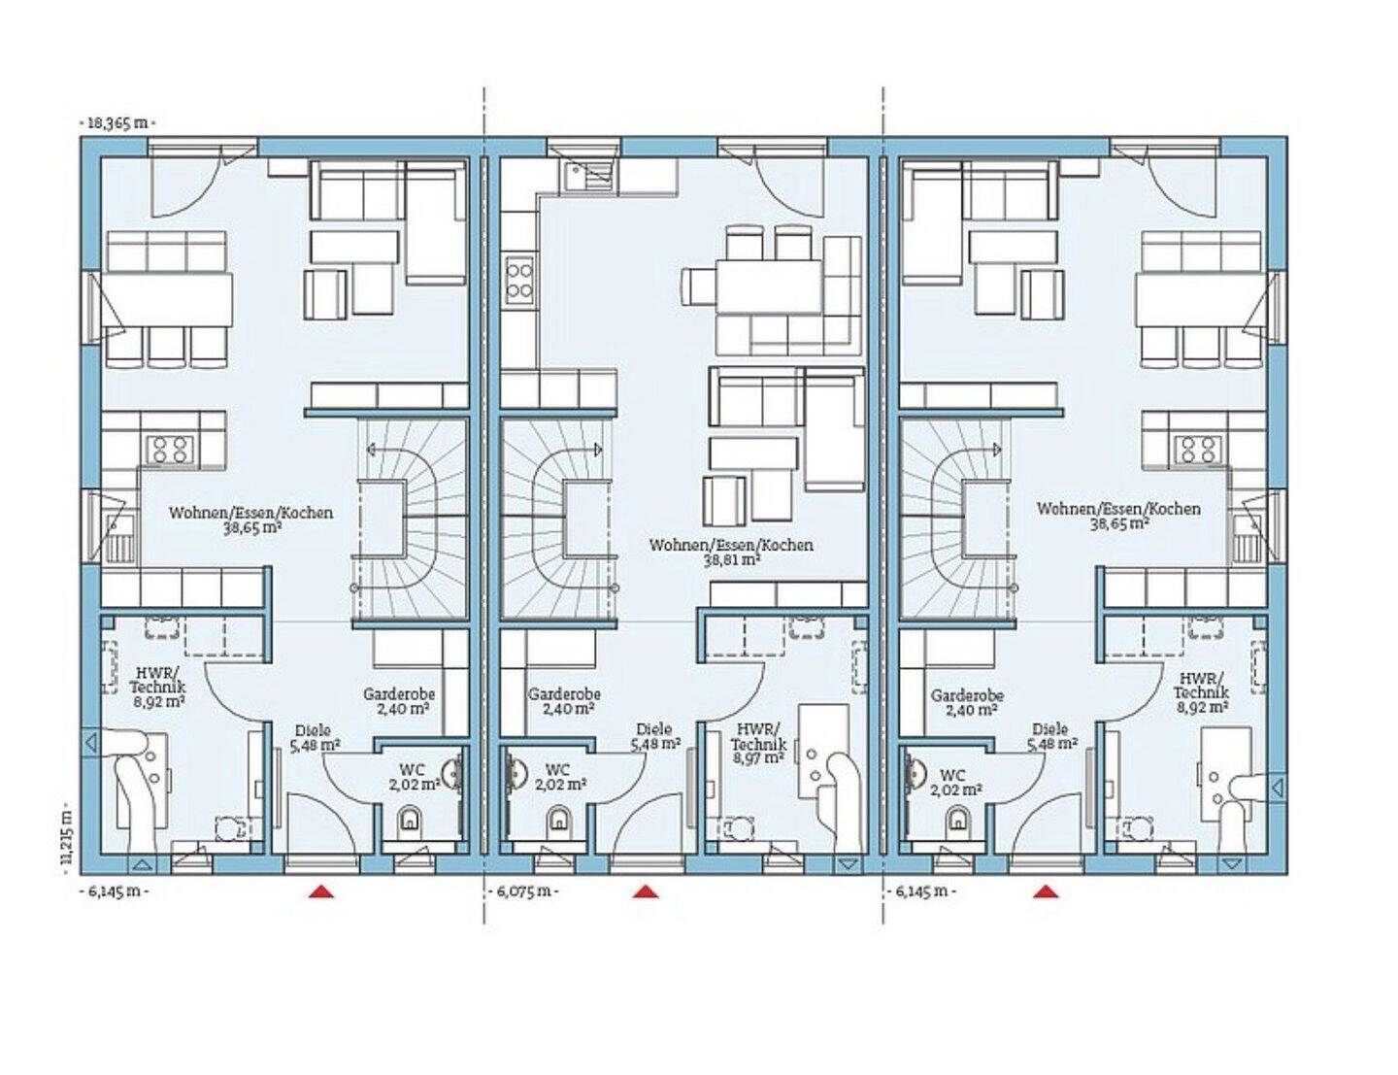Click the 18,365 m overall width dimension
(x=117, y=123)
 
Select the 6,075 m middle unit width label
(x=521, y=892)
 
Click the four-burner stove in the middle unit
(x=519, y=280)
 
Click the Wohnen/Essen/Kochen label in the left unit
(x=250, y=514)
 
